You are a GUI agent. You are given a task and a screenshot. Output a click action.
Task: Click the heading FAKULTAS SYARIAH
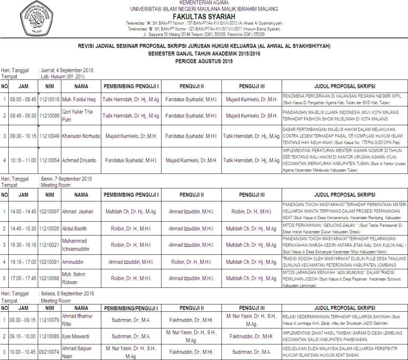click(x=204, y=16)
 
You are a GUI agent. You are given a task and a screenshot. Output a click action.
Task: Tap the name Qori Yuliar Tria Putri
click(x=77, y=115)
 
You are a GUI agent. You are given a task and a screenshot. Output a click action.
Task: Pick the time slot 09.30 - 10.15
click(x=23, y=136)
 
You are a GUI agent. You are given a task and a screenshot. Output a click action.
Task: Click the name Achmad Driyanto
click(x=79, y=160)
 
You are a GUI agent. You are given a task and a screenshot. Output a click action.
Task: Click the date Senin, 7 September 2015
click(x=66, y=179)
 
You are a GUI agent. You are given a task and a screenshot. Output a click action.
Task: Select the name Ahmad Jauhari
click(x=77, y=212)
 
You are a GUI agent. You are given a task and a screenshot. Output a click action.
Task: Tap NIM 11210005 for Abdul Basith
click(x=49, y=229)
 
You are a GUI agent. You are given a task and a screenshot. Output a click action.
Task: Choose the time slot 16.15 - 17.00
click(x=23, y=262)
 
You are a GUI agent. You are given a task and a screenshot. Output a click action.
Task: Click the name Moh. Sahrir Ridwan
click(x=74, y=278)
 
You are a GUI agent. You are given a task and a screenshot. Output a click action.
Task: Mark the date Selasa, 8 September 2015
click(x=67, y=293)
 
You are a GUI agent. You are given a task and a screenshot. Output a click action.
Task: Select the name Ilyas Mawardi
click(x=76, y=336)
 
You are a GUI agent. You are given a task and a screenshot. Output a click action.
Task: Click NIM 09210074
click(x=49, y=352)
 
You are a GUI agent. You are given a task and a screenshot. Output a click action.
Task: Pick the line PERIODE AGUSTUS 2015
click(x=204, y=61)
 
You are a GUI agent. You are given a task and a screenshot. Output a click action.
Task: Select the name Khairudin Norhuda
click(x=81, y=136)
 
